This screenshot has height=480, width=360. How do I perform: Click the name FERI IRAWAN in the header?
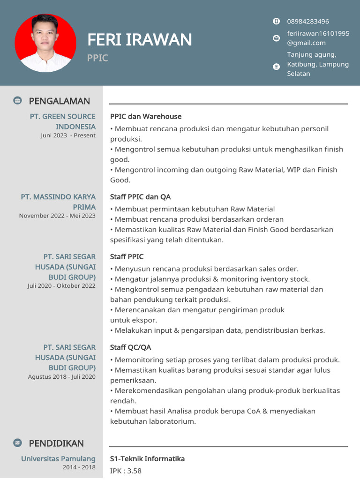click(139, 40)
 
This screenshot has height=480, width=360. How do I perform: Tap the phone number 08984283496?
click(307, 22)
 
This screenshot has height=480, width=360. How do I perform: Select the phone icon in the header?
click(276, 21)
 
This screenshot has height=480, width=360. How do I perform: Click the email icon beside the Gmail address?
click(276, 38)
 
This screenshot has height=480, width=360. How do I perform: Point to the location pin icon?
click(276, 67)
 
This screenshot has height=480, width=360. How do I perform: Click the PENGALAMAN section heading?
click(59, 101)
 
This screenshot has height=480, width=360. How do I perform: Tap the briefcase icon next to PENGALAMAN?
click(17, 100)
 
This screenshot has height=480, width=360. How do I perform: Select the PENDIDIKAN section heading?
click(56, 443)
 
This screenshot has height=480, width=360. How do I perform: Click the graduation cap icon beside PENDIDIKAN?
click(17, 443)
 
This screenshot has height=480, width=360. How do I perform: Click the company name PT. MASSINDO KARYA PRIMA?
click(58, 202)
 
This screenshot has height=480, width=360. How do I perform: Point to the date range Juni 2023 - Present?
click(68, 135)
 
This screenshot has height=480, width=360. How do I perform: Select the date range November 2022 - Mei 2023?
click(57, 216)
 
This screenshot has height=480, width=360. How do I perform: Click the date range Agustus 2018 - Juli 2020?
click(61, 376)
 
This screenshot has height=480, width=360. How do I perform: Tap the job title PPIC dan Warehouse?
click(146, 116)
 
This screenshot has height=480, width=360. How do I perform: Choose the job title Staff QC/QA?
click(130, 347)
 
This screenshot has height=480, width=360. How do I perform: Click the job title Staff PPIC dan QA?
click(140, 197)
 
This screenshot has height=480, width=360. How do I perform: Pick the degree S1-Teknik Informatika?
click(147, 458)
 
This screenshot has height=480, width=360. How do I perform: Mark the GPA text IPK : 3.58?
click(126, 471)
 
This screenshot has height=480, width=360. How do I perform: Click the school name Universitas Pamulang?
click(58, 458)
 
